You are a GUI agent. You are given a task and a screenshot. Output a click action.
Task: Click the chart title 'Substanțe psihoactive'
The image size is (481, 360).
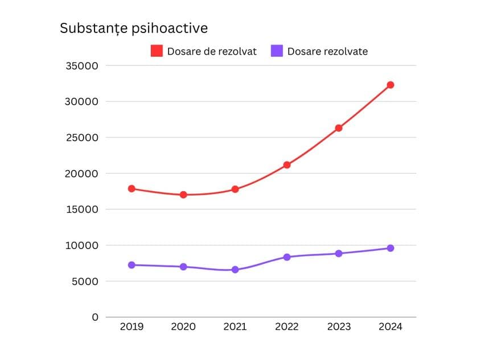tap(134, 28)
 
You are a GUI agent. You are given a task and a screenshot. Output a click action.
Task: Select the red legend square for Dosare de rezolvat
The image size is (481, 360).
tap(157, 51)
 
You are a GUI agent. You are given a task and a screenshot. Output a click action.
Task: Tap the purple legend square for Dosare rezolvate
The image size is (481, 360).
tap(277, 51)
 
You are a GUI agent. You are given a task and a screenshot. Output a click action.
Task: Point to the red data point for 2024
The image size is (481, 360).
tap(390, 85)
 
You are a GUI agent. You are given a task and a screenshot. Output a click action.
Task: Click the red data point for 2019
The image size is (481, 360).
tap(131, 188)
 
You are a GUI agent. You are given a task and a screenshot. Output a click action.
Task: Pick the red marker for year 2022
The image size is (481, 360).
tap(287, 165)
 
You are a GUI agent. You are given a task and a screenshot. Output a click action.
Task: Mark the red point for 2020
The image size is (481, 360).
tap(183, 195)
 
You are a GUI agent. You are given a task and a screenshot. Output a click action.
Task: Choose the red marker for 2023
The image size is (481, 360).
tap(339, 128)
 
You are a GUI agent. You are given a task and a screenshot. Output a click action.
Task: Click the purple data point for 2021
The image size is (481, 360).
tap(235, 270)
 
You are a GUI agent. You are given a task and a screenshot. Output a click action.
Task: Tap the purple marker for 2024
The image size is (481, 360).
tap(390, 248)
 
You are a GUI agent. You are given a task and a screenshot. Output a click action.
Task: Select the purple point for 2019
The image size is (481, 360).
tap(131, 265)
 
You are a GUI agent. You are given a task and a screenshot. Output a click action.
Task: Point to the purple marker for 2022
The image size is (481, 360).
tap(287, 257)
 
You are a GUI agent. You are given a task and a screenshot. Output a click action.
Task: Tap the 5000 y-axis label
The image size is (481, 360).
tap(86, 281)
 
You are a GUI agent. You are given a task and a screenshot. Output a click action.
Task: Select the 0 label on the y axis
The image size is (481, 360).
tap(95, 317)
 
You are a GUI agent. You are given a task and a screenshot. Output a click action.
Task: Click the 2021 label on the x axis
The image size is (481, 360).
tap(235, 327)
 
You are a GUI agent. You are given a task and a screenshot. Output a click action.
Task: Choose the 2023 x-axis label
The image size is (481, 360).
tap(339, 327)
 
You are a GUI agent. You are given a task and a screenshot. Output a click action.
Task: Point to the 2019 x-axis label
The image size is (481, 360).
tap(131, 327)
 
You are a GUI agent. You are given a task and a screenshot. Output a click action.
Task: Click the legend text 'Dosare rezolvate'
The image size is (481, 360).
tap(327, 52)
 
